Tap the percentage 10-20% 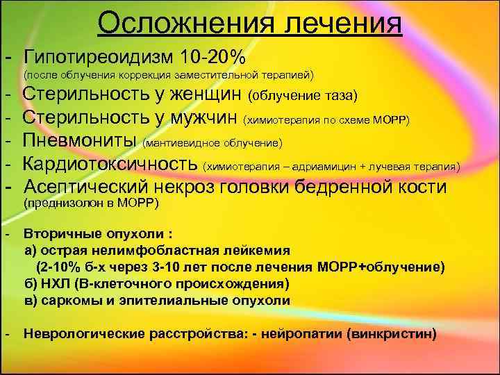tap(214, 55)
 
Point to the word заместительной tap(223, 74)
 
